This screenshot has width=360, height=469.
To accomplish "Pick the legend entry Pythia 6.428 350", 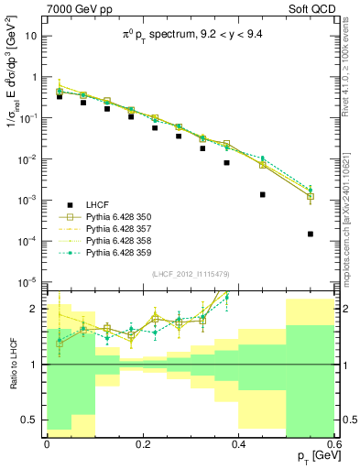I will [x=127, y=216].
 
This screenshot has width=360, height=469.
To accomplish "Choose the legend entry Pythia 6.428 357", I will [x=127, y=228].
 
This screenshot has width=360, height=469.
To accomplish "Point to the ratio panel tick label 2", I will [x=38, y=308].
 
